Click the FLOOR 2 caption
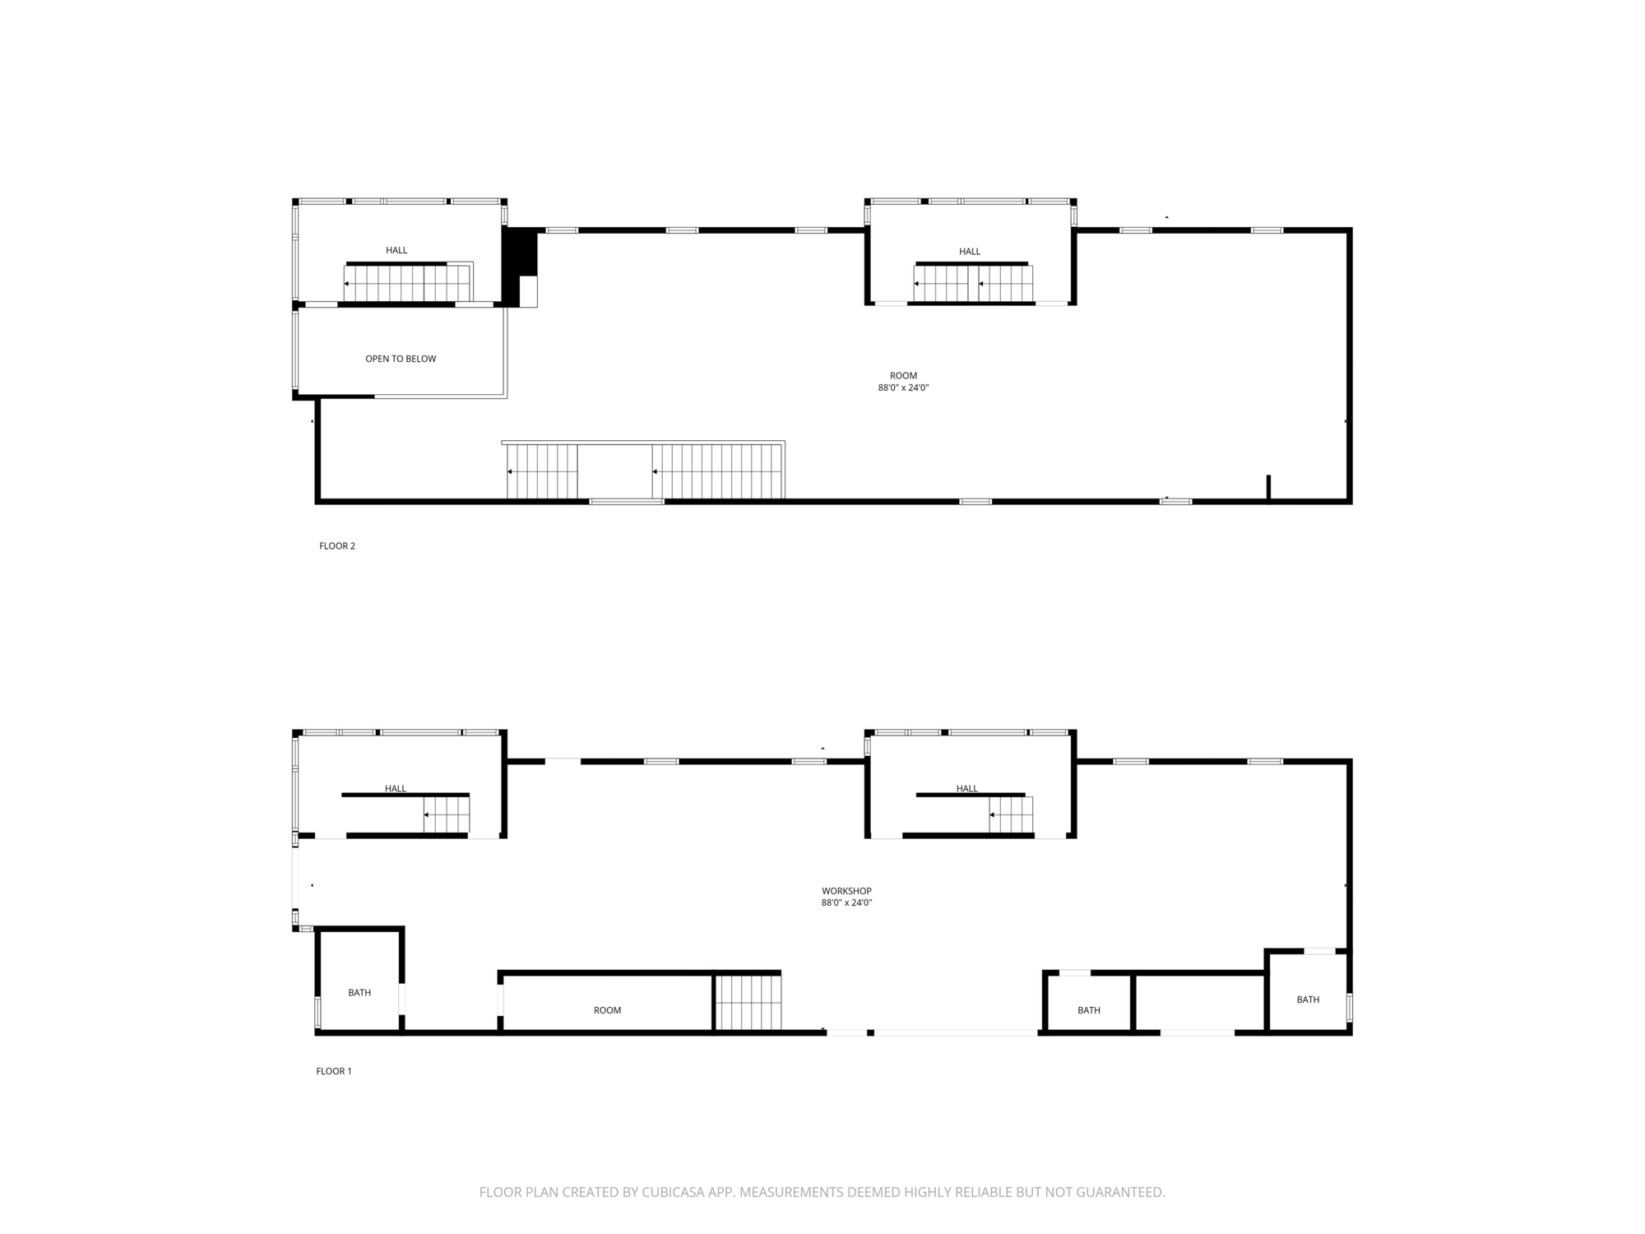(337, 546)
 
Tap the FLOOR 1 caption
(334, 1071)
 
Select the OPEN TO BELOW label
(401, 359)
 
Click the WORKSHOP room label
(846, 891)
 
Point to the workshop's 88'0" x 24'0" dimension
(846, 902)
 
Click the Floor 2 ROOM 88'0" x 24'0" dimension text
(903, 387)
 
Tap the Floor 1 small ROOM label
(607, 1010)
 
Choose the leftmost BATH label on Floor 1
(359, 993)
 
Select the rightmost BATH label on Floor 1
(1308, 1000)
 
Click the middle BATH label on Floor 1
(1089, 1010)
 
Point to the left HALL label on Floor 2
(396, 250)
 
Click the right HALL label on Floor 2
(970, 252)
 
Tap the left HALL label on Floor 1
(396, 789)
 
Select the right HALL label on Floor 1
(967, 789)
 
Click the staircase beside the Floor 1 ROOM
(748, 1003)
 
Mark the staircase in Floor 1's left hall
(447, 815)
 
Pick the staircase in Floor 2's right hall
(973, 284)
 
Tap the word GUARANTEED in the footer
(1122, 1192)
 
